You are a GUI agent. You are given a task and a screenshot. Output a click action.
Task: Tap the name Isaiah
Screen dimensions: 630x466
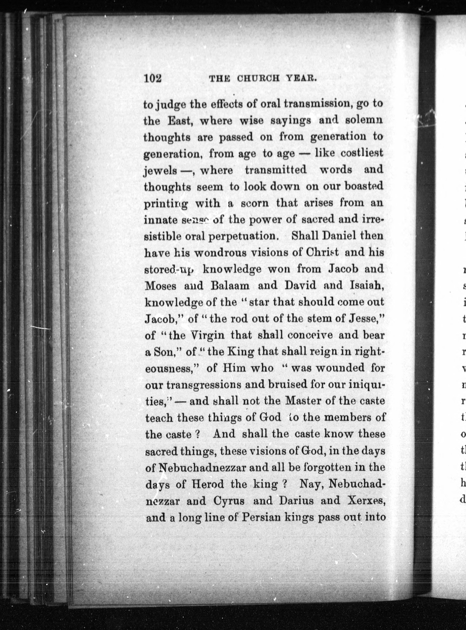pos(367,285)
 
